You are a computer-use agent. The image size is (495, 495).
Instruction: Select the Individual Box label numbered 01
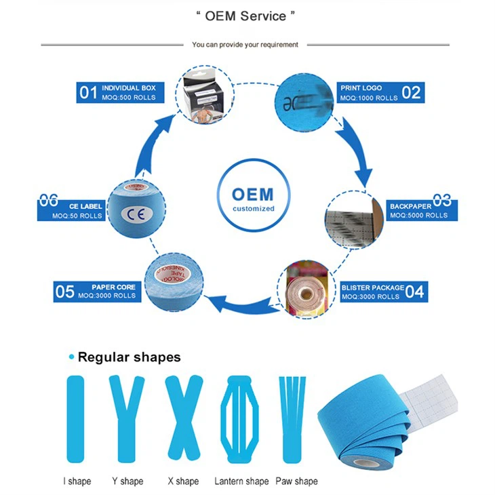point(117,92)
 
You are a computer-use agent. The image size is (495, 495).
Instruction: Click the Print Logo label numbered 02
point(380,92)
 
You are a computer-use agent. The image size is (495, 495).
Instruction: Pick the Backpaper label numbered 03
point(421,210)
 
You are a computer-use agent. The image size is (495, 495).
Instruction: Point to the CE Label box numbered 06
point(71,210)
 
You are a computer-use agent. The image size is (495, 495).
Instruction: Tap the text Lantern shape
point(241,481)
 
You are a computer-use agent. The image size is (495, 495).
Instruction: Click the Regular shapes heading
point(129,357)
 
